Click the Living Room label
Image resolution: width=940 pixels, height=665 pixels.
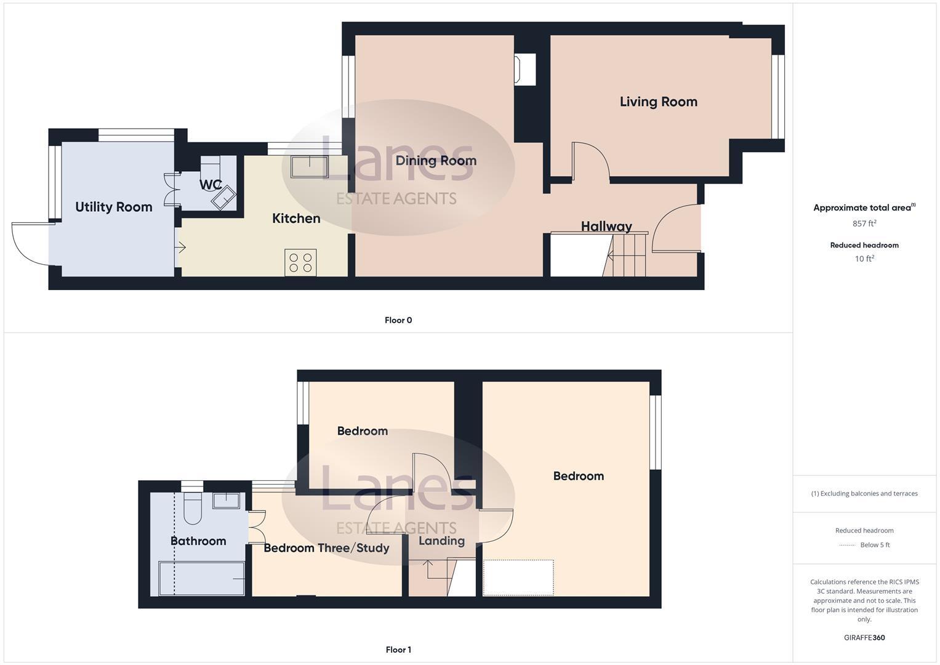click(x=658, y=102)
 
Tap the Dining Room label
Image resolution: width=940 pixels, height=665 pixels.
click(x=436, y=161)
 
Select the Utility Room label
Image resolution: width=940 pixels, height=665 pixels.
click(x=113, y=207)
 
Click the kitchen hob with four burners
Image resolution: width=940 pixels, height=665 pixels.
click(x=300, y=262)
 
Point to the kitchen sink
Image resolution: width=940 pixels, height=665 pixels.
click(x=309, y=167)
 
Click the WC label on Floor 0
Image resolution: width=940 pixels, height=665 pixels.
click(x=210, y=185)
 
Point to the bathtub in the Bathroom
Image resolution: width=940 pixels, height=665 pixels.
click(x=201, y=578)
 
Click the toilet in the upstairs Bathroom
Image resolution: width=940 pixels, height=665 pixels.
click(x=193, y=506)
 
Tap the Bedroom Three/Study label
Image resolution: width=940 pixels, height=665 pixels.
click(x=326, y=547)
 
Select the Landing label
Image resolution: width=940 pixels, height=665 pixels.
click(x=441, y=541)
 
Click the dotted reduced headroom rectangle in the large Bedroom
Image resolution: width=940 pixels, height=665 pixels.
click(x=518, y=578)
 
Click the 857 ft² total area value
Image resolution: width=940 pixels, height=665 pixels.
click(x=864, y=224)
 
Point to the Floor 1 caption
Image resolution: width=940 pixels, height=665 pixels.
click(x=398, y=650)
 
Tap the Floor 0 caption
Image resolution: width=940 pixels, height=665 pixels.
click(x=398, y=320)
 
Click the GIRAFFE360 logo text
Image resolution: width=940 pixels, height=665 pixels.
click(x=864, y=637)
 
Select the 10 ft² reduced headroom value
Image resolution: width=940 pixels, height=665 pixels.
click(x=864, y=259)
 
